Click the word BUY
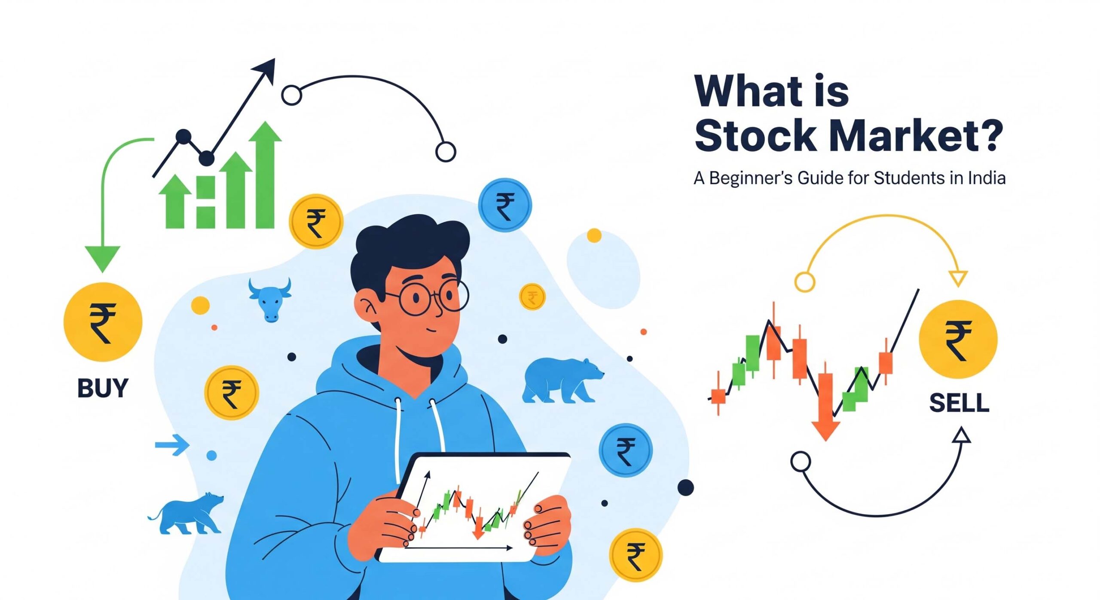click(103, 388)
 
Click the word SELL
click(959, 403)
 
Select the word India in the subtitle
click(987, 178)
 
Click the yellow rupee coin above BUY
click(103, 322)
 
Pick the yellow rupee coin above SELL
click(958, 339)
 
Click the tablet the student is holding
click(473, 507)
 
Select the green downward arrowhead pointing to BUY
click(102, 257)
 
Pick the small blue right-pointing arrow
click(172, 444)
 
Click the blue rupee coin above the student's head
click(505, 205)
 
